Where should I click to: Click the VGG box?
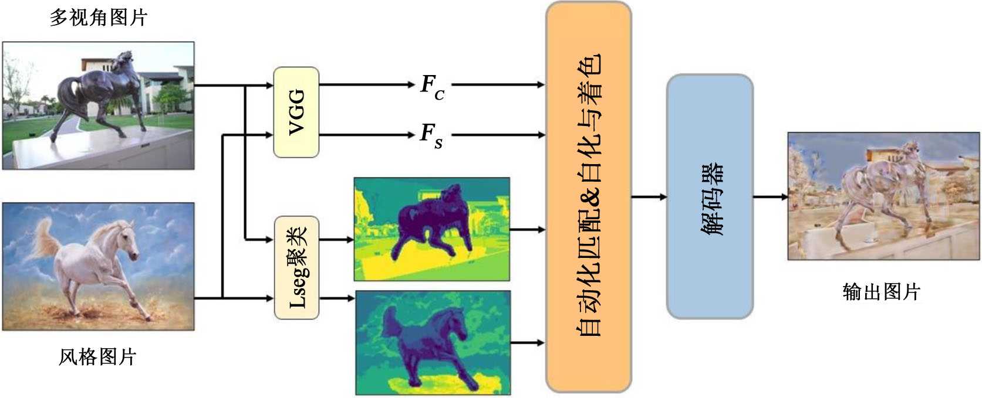296,112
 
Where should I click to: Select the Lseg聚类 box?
296,268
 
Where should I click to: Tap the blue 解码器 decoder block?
710,197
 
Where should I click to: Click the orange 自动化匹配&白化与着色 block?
589,197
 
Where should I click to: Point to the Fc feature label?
433,86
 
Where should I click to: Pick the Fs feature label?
431,135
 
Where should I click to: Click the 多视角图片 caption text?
98,17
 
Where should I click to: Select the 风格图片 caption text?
98,356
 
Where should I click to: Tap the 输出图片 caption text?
881,291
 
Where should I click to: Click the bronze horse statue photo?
99,106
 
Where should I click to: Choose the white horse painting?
99,267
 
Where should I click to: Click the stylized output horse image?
883,196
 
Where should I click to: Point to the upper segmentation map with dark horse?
432,229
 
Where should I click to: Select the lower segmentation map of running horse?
433,343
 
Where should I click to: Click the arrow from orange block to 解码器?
649,197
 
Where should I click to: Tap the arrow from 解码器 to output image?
770,197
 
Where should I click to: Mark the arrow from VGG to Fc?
367,85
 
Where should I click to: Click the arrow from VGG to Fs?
367,135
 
